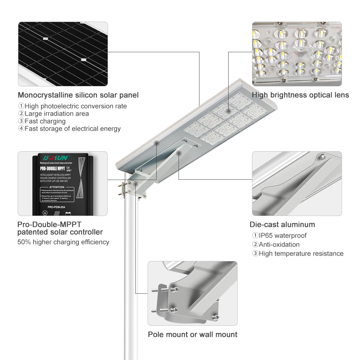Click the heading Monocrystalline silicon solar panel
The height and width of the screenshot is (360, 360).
click(x=78, y=95)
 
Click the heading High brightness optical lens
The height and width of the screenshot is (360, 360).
click(x=300, y=95)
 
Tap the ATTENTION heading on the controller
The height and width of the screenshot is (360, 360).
click(x=57, y=187)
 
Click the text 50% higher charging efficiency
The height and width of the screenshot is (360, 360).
click(x=63, y=242)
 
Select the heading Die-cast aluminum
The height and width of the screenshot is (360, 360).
click(x=282, y=225)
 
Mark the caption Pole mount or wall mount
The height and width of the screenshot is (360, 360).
click(x=193, y=334)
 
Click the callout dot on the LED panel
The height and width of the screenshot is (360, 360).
click(x=228, y=111)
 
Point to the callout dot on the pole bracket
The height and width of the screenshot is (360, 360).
click(x=136, y=184)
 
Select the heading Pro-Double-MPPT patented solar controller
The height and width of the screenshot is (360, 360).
click(x=60, y=228)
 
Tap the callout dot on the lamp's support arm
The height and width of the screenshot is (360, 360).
click(x=179, y=153)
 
